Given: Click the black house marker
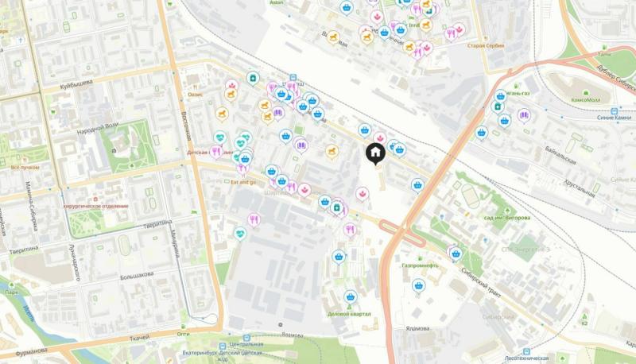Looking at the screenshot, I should [375, 153].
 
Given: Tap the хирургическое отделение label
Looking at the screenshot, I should [95, 204].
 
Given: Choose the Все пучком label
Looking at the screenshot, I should [25, 168].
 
